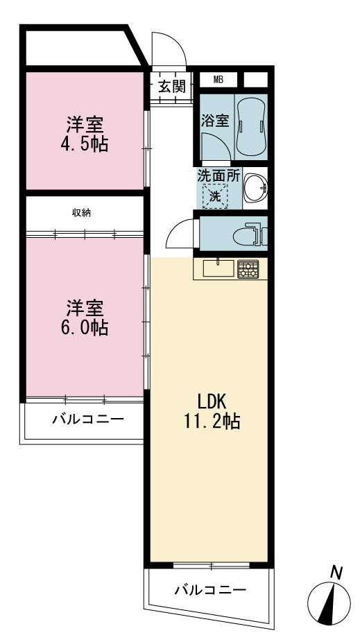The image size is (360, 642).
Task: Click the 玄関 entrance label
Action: coord(172,87)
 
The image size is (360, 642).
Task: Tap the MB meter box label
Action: coord(218,80)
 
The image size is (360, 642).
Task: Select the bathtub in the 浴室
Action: coord(250,128)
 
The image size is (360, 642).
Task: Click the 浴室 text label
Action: coord(214,121)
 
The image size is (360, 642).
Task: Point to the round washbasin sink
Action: coord(255,188)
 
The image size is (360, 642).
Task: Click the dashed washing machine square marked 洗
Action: coord(215,196)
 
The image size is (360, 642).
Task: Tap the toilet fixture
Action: coord(249,234)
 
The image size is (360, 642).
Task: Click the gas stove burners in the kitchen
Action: coord(248,269)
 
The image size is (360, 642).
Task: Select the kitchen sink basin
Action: coord(218,268)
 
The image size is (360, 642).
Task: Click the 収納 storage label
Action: coord(81,213)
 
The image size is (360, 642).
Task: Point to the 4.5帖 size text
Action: coord(85,144)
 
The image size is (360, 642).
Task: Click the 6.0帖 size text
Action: coord(85,328)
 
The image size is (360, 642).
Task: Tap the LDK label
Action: coord(212,403)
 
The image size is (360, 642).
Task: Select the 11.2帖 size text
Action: coord(212,422)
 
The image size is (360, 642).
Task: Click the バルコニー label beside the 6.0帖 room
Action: coord(87,419)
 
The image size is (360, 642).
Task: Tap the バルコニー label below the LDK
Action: coord(210,590)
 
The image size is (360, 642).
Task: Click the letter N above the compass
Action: coord(336,572)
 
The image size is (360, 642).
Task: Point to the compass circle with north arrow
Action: coord(329,602)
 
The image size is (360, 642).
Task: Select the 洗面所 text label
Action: coord(218,175)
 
